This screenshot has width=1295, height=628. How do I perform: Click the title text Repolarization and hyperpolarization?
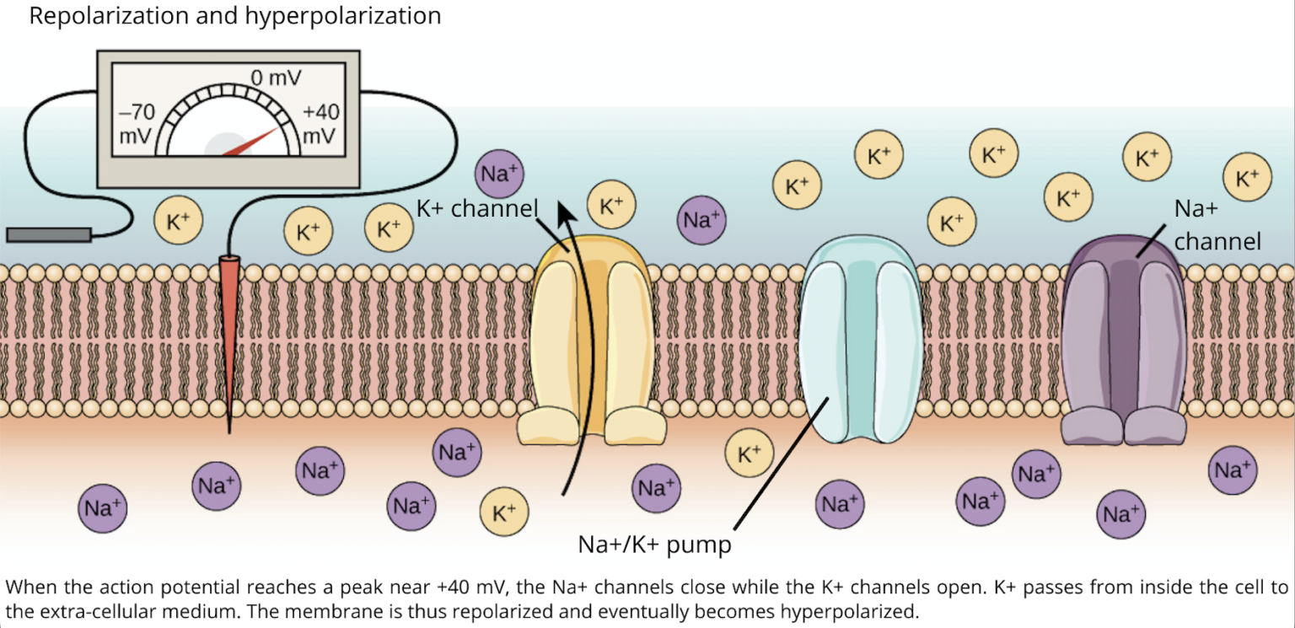[234, 17]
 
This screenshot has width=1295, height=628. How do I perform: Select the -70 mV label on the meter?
[135, 123]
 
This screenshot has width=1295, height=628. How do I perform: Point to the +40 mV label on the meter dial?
[320, 123]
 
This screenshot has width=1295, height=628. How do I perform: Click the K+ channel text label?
[476, 208]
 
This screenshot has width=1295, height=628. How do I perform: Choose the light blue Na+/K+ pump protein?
[859, 337]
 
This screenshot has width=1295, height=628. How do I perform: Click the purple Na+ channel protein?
[1123, 337]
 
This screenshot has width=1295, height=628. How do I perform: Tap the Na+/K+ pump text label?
[654, 545]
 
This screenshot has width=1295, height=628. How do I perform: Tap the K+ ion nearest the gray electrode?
[178, 222]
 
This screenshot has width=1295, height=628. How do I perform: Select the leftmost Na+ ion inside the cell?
[103, 509]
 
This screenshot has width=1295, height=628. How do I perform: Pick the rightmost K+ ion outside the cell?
[1247, 178]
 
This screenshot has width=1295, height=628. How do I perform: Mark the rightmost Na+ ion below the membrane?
[1233, 470]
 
